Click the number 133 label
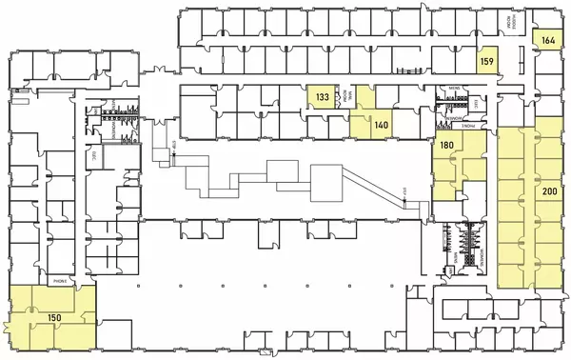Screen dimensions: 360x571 [323, 97]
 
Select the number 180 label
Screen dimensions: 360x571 [445, 146]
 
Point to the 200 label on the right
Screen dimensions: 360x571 [549, 191]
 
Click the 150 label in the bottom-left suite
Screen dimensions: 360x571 [55, 317]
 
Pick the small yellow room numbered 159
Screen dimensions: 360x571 [486, 62]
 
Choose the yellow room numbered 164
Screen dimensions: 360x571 [548, 40]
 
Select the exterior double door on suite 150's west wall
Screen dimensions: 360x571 [8, 328]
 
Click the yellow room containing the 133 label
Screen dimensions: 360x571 [323, 98]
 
